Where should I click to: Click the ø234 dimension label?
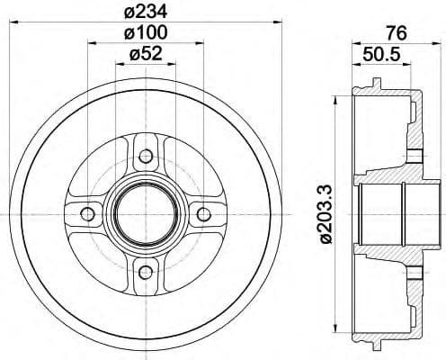point(146,13)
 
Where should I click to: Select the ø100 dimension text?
point(146,33)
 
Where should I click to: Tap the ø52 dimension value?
point(146,54)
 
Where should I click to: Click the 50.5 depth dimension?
point(382,55)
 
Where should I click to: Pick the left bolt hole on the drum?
point(87,213)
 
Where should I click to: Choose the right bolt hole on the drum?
point(204,213)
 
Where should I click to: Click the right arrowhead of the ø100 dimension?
point(200,43)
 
